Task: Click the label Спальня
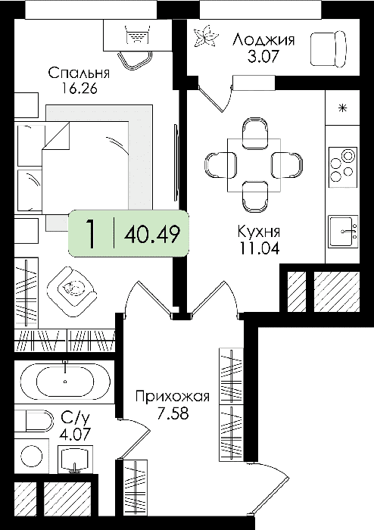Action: (79, 73)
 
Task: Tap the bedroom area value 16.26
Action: (79, 89)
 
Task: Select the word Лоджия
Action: (263, 40)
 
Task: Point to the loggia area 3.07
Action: (263, 56)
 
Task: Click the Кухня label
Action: (259, 232)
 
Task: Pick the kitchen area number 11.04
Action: (260, 248)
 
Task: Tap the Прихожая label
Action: (173, 397)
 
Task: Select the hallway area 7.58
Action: (173, 413)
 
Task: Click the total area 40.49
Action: (151, 233)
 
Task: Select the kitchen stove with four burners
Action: (342, 167)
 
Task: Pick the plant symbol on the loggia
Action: (204, 36)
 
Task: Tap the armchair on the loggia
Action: (329, 48)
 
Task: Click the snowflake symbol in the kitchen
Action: (342, 108)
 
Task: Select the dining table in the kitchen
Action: (254, 165)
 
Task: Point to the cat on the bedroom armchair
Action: (72, 288)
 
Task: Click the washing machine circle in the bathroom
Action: (31, 456)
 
